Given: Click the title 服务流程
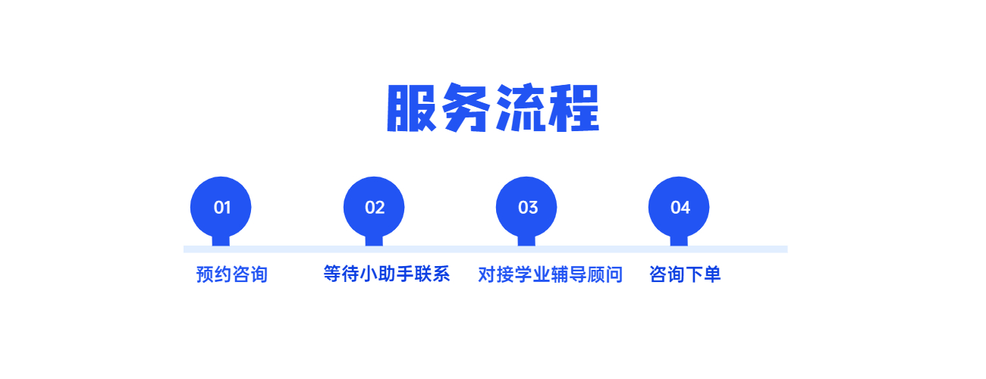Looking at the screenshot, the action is pos(493,108).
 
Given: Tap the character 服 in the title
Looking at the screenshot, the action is pos(412,108).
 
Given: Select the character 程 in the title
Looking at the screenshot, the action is pos(573,108).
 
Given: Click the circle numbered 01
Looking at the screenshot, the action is pos(221,207).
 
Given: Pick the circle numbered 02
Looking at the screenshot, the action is pos(374,207).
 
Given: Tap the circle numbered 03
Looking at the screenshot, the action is pos(526,207).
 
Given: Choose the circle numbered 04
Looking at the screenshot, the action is pos(679,207).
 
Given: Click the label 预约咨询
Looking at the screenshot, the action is pos(232,274).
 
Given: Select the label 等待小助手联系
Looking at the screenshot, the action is pos(387,274).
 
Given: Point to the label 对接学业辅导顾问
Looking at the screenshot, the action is pos(550,274).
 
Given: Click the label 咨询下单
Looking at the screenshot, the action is pos(685,274).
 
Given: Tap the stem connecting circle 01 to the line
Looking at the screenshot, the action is pos(221,241).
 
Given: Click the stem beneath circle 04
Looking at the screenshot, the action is pos(679,241).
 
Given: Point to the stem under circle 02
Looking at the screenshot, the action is pos(374,241).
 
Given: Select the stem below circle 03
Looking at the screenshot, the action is pos(526,241).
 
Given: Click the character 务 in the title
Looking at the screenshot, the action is pos(466,108).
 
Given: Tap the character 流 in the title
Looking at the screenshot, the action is pos(520,108).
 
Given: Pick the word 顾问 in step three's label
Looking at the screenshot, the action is pos(604,274).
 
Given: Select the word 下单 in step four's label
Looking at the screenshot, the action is pos(703,274).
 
